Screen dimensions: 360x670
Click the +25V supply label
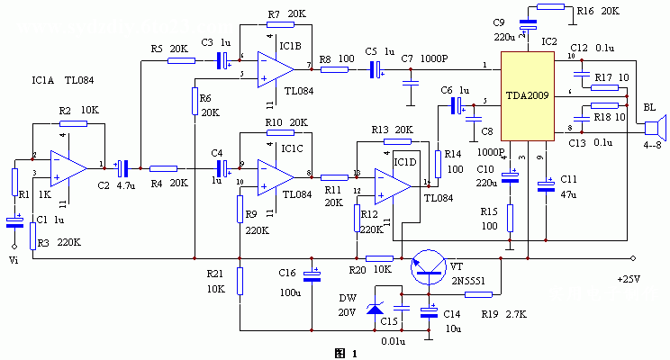(x=629, y=280)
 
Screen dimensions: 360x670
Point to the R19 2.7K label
(x=501, y=314)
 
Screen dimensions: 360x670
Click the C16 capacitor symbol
(x=312, y=274)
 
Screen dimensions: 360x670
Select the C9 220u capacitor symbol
(x=527, y=26)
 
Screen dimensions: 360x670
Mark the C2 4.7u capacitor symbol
(x=127, y=167)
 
